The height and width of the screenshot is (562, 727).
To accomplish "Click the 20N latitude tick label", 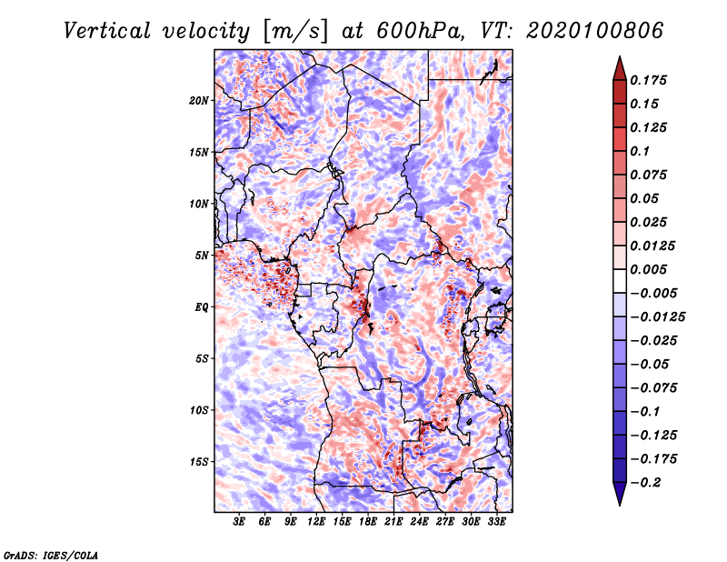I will pyautogui.click(x=199, y=100).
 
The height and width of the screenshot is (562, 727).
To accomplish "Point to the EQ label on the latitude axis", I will pyautogui.click(x=202, y=306).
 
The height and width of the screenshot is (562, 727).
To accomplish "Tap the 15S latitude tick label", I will pyautogui.click(x=199, y=461).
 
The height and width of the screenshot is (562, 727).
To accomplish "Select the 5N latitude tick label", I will pyautogui.click(x=202, y=255).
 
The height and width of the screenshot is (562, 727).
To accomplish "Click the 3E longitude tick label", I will pyautogui.click(x=239, y=523).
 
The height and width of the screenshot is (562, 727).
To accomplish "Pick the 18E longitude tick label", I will pyautogui.click(x=368, y=523).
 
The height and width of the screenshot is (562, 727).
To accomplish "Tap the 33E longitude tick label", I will pyautogui.click(x=497, y=523).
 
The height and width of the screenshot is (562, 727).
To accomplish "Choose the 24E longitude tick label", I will pyautogui.click(x=420, y=523).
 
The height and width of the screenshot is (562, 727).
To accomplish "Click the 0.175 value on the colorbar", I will pyautogui.click(x=651, y=80).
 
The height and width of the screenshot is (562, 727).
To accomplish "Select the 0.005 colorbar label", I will pyautogui.click(x=651, y=269).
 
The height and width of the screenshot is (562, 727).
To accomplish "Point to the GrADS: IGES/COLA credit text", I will pyautogui.click(x=50, y=554).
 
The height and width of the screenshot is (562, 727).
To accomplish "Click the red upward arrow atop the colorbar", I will pyautogui.click(x=619, y=66).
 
